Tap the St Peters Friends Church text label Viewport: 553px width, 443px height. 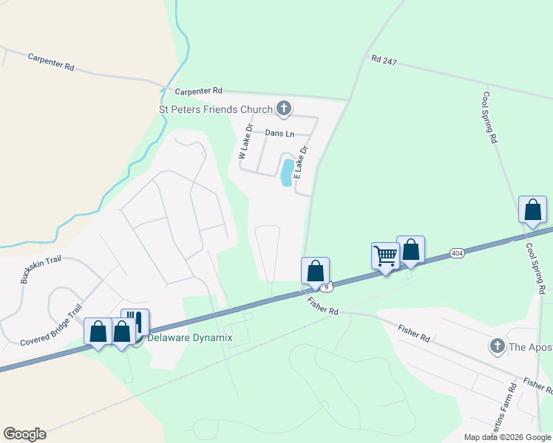217,110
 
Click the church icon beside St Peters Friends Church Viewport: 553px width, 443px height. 282,109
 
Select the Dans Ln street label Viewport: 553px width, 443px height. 279,133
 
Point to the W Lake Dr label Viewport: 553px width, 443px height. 245,142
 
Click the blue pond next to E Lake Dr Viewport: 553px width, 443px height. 286,173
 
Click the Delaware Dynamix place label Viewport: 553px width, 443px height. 190,338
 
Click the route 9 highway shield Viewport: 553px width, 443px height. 326,285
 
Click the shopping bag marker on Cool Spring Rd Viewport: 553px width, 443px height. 532,210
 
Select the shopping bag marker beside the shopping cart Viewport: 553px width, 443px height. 410,250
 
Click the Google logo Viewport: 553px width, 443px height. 24,434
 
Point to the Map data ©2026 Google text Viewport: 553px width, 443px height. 507,437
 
